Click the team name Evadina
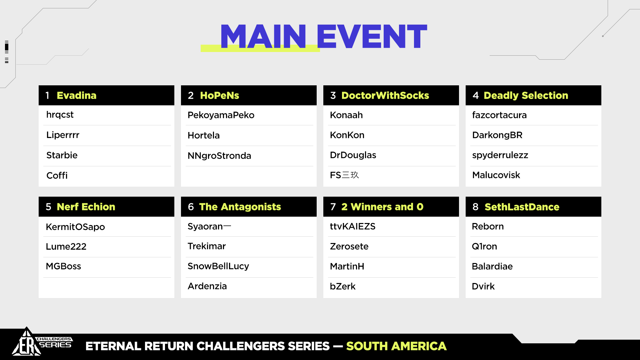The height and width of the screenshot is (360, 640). [x=76, y=96]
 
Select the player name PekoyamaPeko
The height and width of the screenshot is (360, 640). [x=221, y=115]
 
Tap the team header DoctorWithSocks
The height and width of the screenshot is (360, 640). [x=385, y=96]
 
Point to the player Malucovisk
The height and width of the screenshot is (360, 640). [x=496, y=175]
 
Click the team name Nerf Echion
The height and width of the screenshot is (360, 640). [x=86, y=207]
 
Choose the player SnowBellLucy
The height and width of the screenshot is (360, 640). [x=218, y=266]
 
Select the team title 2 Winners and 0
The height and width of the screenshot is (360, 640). [x=382, y=207]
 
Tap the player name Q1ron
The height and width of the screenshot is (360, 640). [x=484, y=246]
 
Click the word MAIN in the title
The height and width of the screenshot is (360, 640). [x=263, y=37]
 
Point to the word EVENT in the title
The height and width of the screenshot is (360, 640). [x=372, y=37]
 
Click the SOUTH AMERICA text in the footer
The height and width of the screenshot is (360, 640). [x=396, y=346]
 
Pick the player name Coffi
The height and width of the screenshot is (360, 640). [x=57, y=175]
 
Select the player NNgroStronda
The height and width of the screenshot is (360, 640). [x=219, y=156]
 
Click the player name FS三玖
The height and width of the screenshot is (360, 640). [x=344, y=175]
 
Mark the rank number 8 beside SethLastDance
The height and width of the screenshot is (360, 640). [x=475, y=207]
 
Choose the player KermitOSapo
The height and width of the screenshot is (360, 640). [x=75, y=227]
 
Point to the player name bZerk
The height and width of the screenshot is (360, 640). [x=343, y=286]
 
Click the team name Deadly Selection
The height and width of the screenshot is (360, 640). [x=526, y=96]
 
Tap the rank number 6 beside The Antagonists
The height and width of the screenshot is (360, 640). [x=191, y=207]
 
